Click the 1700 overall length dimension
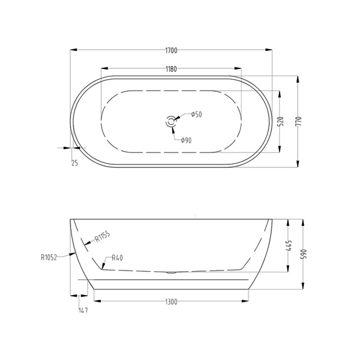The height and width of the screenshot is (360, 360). pos(171,51)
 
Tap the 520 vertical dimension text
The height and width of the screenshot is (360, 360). pos(280,122)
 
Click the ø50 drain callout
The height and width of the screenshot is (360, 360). pos(196,114)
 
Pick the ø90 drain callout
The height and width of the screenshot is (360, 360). pos(186,141)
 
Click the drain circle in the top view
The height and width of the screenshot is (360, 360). pos(171,122)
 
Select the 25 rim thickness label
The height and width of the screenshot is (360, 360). pos(75,163)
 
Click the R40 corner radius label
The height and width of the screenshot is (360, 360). pos(118,258)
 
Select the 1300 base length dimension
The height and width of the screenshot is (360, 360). pos(171,302)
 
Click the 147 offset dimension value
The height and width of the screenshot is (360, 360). pos(83,310)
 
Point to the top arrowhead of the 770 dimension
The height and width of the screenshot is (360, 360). pos(299,79)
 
